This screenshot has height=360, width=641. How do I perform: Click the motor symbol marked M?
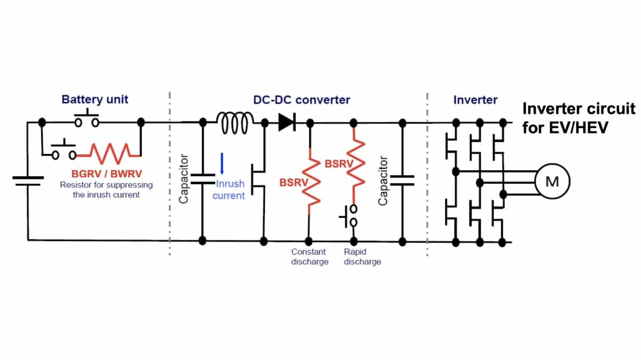(552, 182)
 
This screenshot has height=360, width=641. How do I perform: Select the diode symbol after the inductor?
(287, 123)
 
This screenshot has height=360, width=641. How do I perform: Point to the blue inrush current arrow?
(222, 163)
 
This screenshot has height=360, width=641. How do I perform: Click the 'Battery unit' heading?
(95, 99)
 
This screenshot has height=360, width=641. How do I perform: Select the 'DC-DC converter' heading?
(302, 100)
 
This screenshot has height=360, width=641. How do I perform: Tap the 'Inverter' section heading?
(475, 100)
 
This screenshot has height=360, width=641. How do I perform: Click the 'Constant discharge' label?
(309, 257)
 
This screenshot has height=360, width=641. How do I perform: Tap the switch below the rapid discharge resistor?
(350, 217)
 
